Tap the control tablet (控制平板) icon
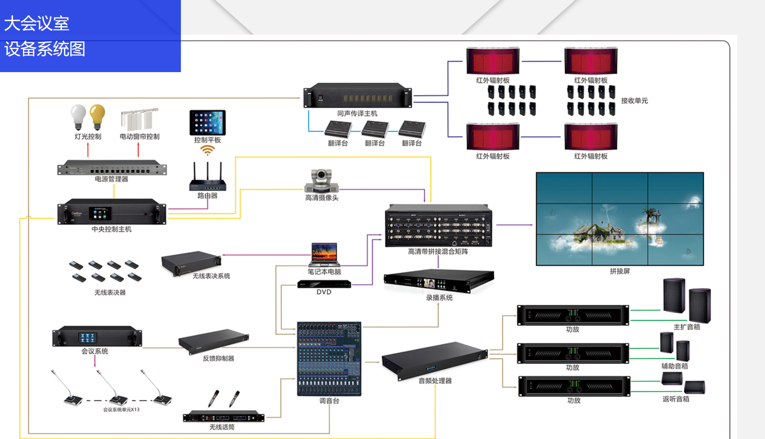207,122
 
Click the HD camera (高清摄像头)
321,181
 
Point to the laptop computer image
324,255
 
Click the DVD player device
324,284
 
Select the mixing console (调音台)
329,359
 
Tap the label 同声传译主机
357,114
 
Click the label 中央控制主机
112,229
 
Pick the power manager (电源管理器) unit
112,168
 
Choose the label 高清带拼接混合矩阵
438,252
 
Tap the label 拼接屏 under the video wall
620,271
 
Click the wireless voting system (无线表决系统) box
191,263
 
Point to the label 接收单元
634,101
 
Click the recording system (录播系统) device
438,282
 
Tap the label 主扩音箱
687,327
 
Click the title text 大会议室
37,24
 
